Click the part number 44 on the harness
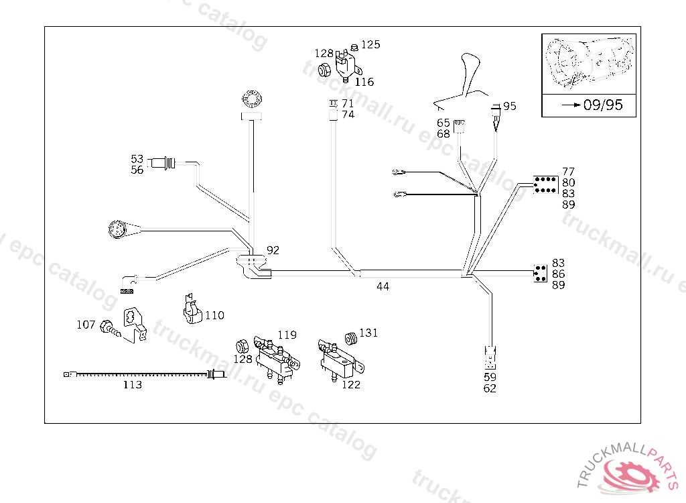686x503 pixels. click(x=383, y=286)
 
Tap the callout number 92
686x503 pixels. click(x=273, y=250)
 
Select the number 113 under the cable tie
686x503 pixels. click(x=132, y=385)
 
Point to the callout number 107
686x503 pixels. click(x=86, y=325)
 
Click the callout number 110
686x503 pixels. click(x=215, y=315)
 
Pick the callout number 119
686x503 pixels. click(x=287, y=335)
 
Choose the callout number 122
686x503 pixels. click(x=351, y=385)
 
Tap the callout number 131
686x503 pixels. click(x=368, y=333)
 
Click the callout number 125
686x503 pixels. click(x=370, y=45)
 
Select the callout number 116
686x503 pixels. click(x=364, y=82)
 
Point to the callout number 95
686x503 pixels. click(x=510, y=106)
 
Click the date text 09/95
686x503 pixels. click(x=603, y=105)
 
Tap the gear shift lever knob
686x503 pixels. click(x=471, y=70)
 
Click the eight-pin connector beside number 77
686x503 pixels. click(x=545, y=185)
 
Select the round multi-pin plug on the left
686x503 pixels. click(x=117, y=229)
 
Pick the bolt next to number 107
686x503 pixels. click(x=110, y=329)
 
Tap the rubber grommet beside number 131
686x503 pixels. click(x=351, y=339)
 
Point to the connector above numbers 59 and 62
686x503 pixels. click(x=490, y=358)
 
